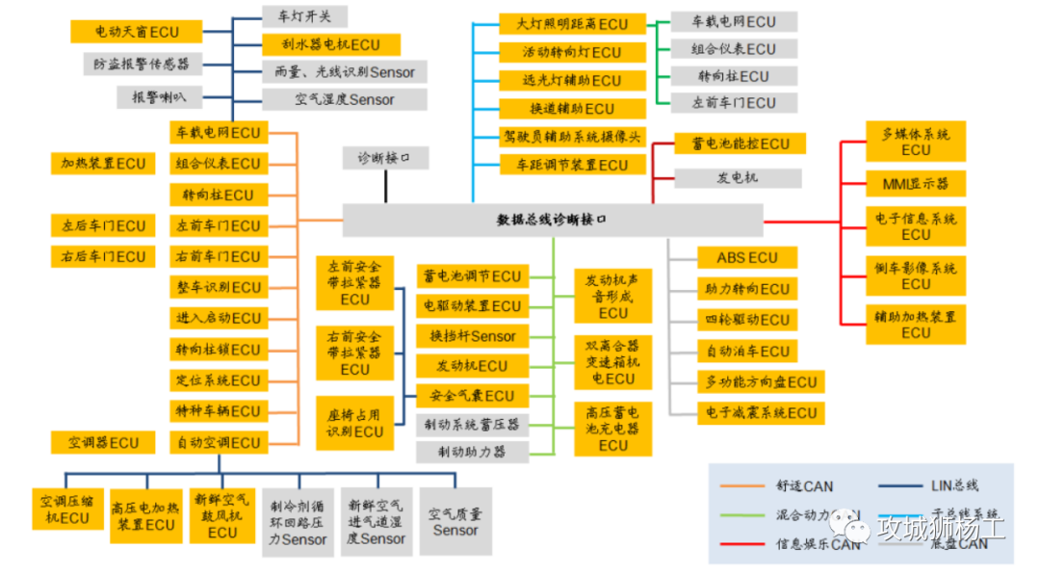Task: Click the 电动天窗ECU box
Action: coord(136,32)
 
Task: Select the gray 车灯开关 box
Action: coord(304,16)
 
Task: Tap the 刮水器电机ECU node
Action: coord(330,44)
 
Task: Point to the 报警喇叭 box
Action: coord(159,96)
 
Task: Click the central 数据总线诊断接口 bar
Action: coord(552,220)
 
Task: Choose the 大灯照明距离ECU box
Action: coord(572,24)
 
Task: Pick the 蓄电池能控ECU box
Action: coord(739,144)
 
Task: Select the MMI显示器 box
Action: coord(915,183)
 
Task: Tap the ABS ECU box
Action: coord(747,258)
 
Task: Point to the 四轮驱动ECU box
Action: coord(747,320)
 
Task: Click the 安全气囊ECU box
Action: coord(472,396)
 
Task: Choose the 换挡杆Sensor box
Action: coord(472,336)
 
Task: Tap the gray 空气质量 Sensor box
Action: coord(455,522)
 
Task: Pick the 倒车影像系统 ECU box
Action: coord(916,275)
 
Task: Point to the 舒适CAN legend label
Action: coord(804,486)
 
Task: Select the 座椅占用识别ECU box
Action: coord(354,423)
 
